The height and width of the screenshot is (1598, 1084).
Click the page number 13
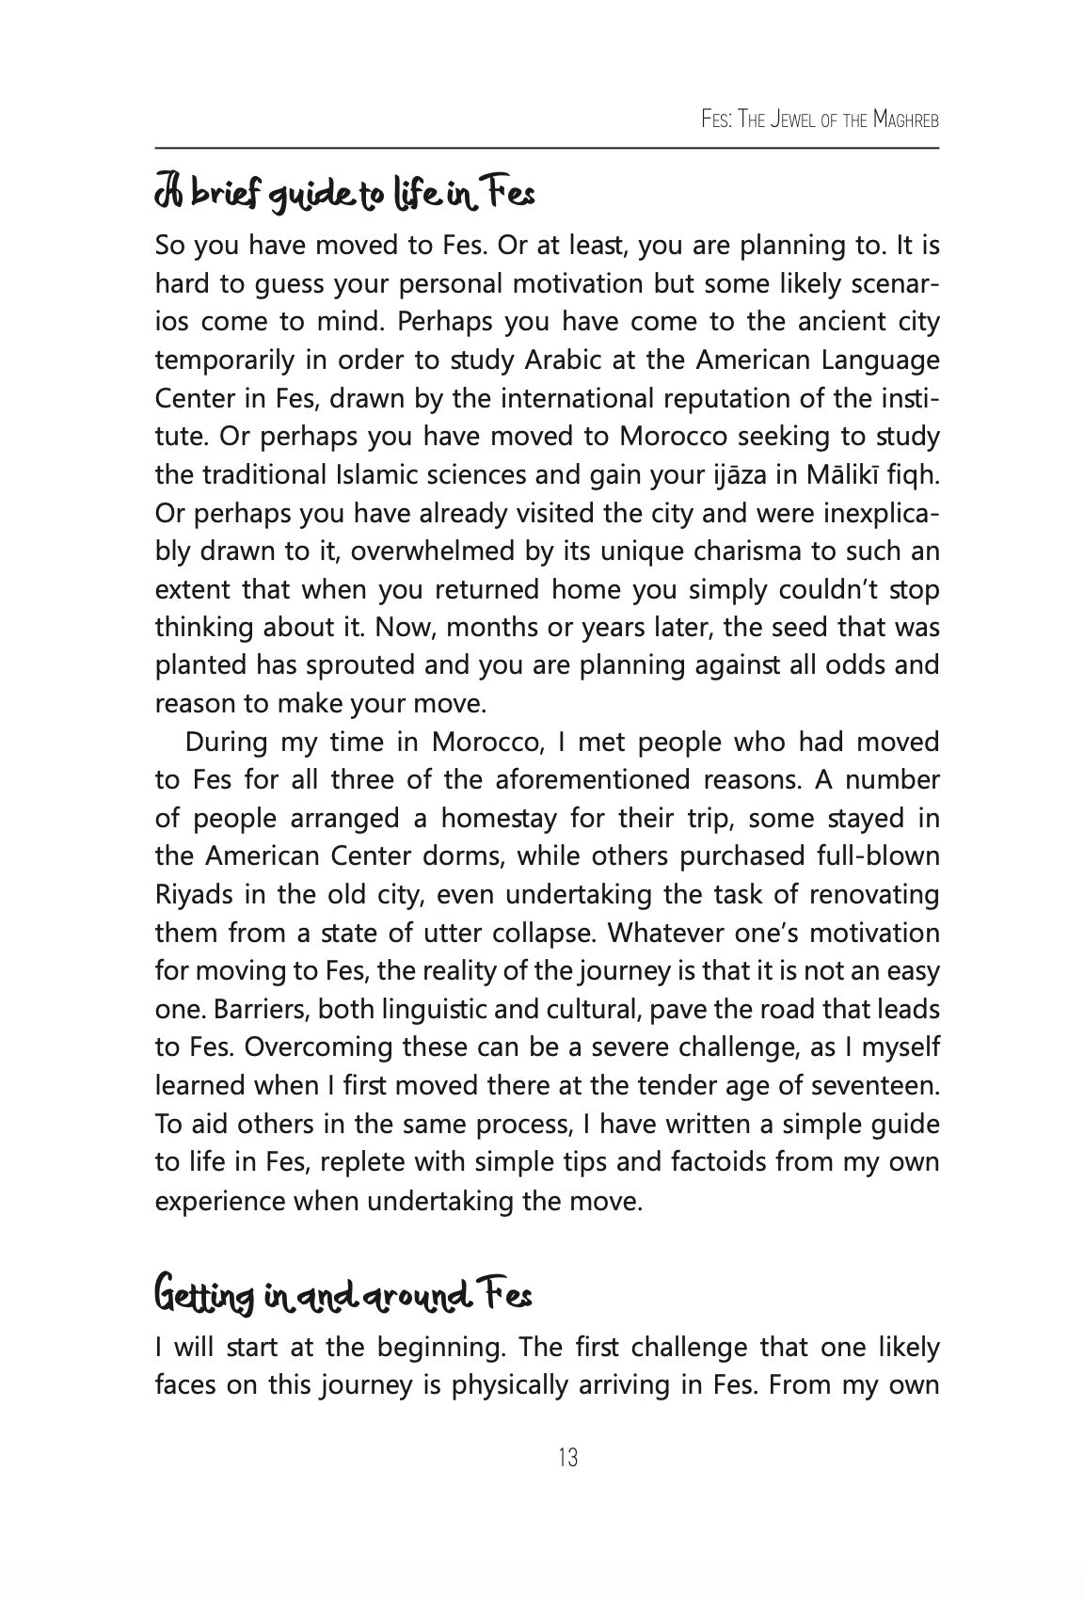pos(567,1458)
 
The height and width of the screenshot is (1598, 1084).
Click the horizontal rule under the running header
pos(547,148)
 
